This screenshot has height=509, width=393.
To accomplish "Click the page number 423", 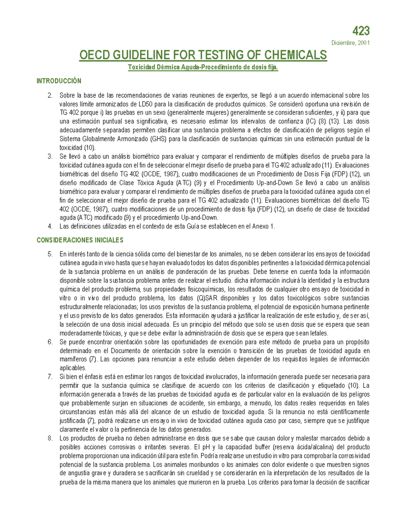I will click(x=361, y=31).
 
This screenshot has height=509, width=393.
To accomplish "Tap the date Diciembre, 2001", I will click(x=350, y=43).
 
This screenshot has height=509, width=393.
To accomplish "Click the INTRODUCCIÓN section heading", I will click(x=59, y=81).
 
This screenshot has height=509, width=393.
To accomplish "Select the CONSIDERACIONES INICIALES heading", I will click(x=80, y=240).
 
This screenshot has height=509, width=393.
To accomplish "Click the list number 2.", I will click(x=50, y=95).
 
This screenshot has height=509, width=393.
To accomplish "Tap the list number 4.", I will click(x=50, y=226).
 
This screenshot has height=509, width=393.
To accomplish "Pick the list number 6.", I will click(x=50, y=342).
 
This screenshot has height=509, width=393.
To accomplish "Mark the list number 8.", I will click(x=50, y=438).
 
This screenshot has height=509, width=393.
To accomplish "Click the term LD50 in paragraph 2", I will click(x=145, y=104).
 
